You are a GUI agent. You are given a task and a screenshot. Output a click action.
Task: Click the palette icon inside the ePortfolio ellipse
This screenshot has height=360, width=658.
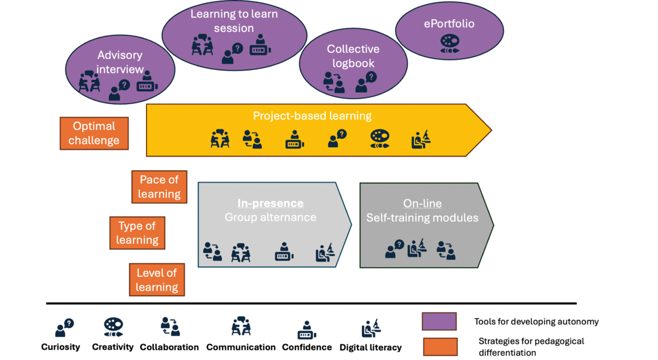[450, 44]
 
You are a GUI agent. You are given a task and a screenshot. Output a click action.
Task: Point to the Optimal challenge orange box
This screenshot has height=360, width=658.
[94, 134]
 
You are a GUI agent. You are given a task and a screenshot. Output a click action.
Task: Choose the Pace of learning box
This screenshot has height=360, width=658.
[159, 187]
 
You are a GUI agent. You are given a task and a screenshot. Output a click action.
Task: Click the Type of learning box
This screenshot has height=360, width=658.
[137, 233]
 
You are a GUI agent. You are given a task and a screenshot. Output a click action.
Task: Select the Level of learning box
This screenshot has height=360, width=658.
[157, 280]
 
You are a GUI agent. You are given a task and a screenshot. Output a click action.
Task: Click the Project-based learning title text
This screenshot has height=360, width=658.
[312, 116]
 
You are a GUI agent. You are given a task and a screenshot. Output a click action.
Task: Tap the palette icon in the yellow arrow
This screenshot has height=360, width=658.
[379, 139]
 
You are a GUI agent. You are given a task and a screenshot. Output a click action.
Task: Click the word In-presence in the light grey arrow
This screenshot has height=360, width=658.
[270, 203]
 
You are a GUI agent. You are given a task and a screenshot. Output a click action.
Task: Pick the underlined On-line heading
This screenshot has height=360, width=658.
[422, 203]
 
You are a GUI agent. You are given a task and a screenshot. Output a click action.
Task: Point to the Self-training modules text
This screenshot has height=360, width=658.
[422, 218]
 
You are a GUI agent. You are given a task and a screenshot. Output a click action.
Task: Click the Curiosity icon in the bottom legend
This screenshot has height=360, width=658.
[64, 328]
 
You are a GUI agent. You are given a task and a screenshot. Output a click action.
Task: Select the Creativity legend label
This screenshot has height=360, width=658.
[113, 347]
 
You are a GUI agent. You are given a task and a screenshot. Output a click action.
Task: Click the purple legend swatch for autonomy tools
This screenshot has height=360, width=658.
[439, 321]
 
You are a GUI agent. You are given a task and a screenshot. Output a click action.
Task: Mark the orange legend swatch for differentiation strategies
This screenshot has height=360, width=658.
[440, 347]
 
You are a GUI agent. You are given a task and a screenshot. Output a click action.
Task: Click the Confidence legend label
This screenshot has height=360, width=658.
[306, 347]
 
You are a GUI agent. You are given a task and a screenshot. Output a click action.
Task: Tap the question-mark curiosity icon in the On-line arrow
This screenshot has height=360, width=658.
[394, 249]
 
